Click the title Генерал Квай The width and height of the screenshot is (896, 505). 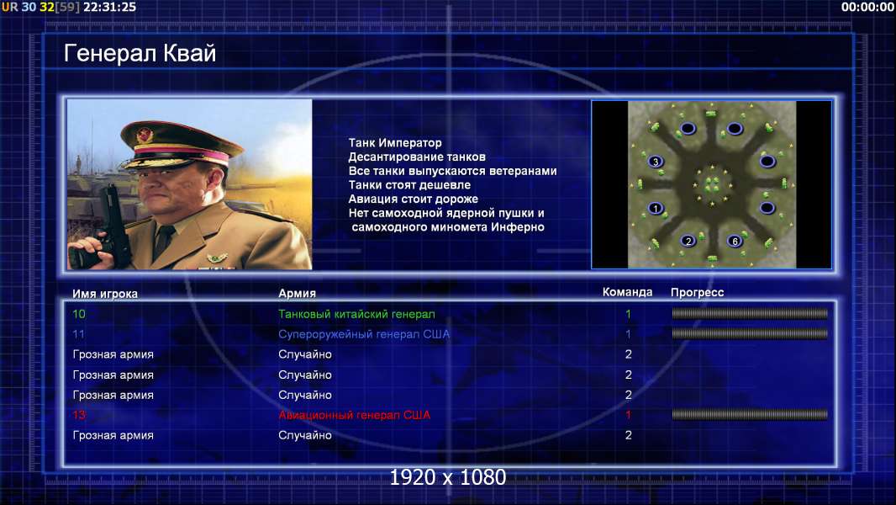tap(140, 53)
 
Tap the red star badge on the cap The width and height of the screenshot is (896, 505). tap(145, 135)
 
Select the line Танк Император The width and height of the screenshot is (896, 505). tap(395, 143)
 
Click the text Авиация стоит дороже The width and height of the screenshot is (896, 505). tap(414, 199)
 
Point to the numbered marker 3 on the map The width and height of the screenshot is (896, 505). tap(656, 162)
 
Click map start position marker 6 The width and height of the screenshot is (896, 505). tap(735, 241)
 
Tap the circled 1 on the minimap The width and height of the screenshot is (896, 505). tap(656, 208)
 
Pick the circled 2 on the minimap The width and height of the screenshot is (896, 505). tap(688, 241)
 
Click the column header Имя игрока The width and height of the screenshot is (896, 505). tap(104, 294)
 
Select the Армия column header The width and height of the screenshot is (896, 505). tap(298, 294)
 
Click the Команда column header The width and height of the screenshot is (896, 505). tap(627, 292)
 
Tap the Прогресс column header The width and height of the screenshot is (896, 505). tap(697, 293)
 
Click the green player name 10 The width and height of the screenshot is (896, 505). tap(79, 314)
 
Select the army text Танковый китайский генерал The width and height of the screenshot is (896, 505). tap(356, 314)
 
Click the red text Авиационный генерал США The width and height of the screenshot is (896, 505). tap(355, 415)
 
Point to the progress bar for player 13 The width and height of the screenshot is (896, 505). tap(750, 415)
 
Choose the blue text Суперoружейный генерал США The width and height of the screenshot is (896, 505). tap(364, 334)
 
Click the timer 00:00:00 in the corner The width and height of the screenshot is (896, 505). tap(867, 7)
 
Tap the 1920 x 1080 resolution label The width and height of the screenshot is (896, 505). tap(448, 477)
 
